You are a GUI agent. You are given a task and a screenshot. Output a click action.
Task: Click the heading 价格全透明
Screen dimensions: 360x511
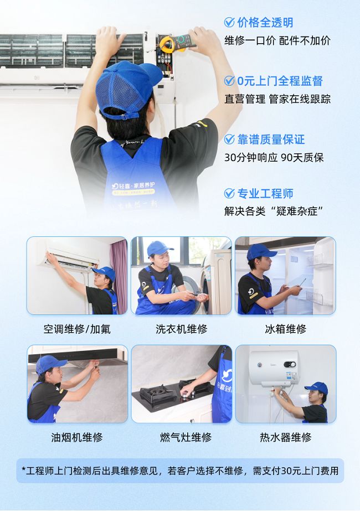click(265, 23)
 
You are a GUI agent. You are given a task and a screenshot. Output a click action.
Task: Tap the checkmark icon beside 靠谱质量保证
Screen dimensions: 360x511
click(229, 140)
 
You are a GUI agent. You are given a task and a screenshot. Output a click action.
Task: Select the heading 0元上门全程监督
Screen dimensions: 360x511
click(280, 81)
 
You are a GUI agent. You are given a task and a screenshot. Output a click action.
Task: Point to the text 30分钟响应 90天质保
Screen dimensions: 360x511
click(274, 158)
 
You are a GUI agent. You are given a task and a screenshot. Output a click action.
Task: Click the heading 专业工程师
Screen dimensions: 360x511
click(265, 194)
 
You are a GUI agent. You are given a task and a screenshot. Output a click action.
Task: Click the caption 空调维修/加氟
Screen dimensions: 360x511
click(77, 329)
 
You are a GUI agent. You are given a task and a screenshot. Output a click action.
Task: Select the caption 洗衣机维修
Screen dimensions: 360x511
click(181, 329)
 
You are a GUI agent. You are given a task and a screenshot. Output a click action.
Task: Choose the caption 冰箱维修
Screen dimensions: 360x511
click(286, 329)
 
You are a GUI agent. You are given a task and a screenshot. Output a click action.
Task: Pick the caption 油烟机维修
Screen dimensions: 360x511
click(77, 437)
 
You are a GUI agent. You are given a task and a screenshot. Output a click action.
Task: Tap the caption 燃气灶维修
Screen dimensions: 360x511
click(186, 437)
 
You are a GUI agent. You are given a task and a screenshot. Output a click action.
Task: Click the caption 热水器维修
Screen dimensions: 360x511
click(286, 437)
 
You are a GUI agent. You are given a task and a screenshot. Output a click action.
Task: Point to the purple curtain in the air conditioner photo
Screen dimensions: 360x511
click(119, 277)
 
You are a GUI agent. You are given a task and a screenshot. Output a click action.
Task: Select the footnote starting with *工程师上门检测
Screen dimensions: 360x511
click(180, 471)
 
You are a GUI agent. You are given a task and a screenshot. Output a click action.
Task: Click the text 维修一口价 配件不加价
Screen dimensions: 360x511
click(277, 41)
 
